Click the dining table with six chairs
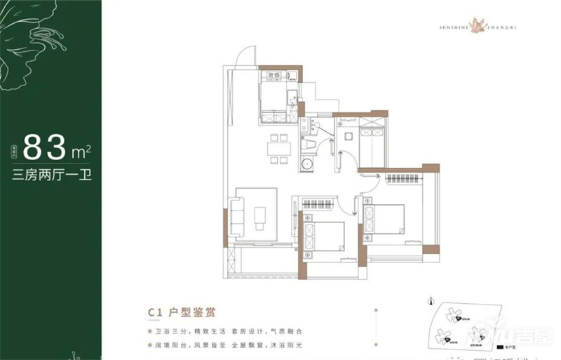coord(279,148)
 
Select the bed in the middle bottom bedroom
coord(325,236)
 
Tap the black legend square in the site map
coord(500,346)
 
